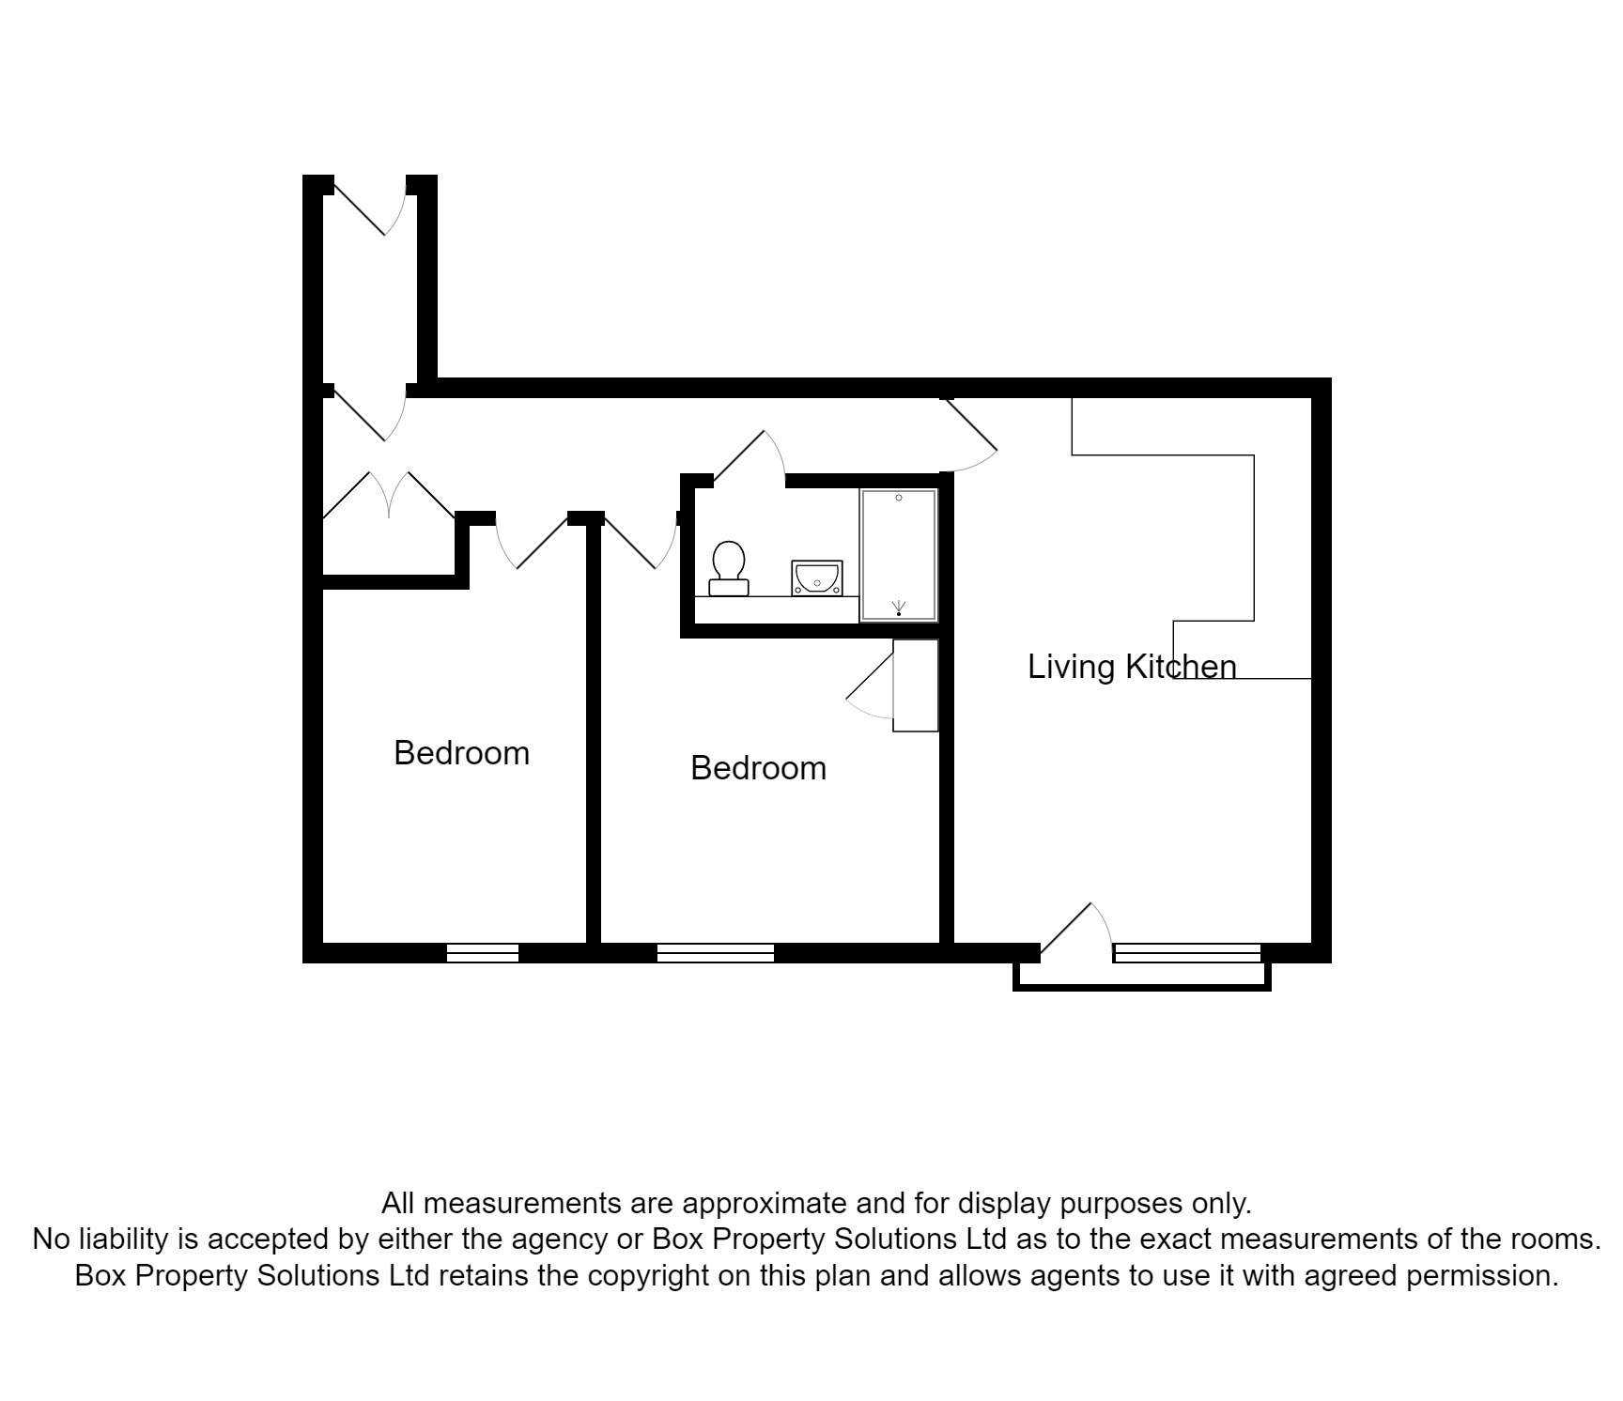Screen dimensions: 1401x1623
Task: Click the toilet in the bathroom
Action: pos(729,568)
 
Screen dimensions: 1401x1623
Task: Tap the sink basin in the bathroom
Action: pos(816,577)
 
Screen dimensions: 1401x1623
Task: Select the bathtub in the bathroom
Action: pos(899,554)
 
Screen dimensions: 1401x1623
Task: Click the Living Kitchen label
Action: pos(1132,667)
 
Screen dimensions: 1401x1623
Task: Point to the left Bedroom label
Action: pos(461,753)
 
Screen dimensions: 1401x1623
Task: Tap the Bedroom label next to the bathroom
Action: pos(758,768)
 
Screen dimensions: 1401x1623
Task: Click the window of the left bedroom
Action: pos(482,952)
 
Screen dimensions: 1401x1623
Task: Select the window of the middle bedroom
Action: pos(715,952)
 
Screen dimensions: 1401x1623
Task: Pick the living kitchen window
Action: pos(1187,952)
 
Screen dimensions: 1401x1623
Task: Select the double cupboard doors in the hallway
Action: pos(389,495)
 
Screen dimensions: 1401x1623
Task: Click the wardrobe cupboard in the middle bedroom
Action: pos(915,685)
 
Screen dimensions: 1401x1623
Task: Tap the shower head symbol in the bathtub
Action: pos(899,608)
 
